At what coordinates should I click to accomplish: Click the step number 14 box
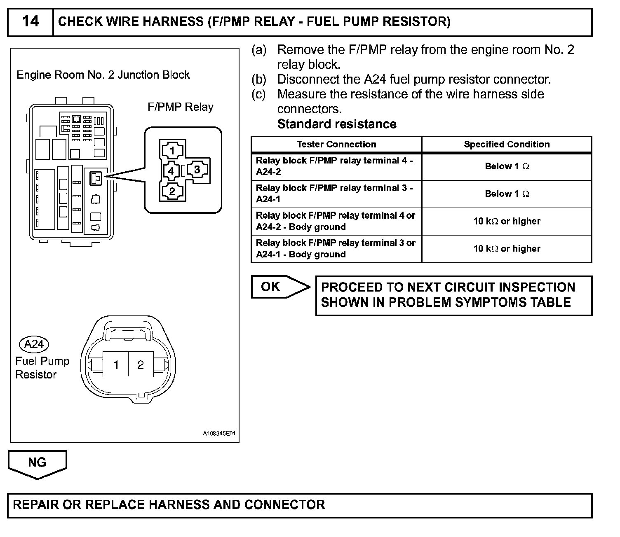(x=31, y=21)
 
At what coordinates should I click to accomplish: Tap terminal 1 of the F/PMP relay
(x=172, y=150)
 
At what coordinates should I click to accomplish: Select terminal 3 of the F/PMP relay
(x=197, y=169)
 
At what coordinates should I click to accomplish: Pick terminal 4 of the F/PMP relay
(x=171, y=170)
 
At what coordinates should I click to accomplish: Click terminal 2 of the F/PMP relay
(x=172, y=191)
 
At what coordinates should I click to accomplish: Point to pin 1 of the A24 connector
(x=116, y=364)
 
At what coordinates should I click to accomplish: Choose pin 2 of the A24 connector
(x=141, y=364)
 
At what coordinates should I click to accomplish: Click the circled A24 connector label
(x=34, y=344)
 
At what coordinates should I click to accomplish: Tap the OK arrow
(x=280, y=287)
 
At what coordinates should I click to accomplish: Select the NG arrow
(x=37, y=463)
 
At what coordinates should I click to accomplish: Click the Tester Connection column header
(x=336, y=144)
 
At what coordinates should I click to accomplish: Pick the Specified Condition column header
(x=507, y=144)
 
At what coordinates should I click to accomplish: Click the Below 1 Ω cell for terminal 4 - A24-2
(x=507, y=166)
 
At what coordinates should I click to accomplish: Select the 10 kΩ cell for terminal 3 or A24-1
(x=507, y=249)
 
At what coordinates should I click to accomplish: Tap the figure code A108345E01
(x=219, y=434)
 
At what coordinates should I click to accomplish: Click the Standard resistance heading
(x=337, y=124)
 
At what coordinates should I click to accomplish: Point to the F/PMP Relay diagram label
(x=181, y=107)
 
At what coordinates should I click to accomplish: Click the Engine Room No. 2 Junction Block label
(x=103, y=75)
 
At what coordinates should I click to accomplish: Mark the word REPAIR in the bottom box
(x=36, y=505)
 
